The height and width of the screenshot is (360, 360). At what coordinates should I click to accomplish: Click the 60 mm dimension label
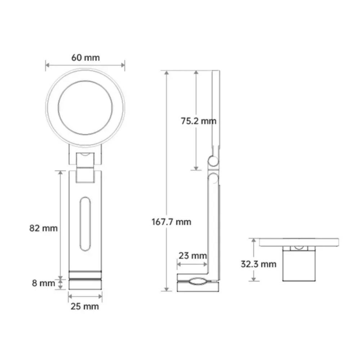point(85,57)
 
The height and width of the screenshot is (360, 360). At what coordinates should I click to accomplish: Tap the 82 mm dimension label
point(43,228)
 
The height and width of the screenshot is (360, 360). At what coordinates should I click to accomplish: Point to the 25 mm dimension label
point(85,307)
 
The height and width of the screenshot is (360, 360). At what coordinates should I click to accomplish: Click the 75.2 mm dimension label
point(199,121)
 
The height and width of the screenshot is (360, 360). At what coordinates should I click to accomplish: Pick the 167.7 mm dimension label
point(171,222)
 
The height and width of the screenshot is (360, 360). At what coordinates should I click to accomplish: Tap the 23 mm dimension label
point(193,256)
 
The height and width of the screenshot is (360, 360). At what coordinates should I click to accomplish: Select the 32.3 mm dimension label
point(258,264)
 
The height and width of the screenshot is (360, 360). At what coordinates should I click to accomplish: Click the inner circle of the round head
point(85,108)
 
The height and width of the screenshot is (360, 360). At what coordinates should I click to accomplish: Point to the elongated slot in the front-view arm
point(85,224)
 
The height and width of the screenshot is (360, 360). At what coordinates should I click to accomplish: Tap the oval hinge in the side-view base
point(197,282)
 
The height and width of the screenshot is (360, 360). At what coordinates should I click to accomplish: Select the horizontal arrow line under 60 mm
point(85,65)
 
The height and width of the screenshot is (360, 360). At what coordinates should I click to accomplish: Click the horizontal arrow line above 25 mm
point(85,296)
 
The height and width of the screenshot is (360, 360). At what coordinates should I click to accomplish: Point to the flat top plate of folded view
point(298,242)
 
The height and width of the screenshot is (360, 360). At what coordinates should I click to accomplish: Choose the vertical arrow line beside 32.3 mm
point(254,260)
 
